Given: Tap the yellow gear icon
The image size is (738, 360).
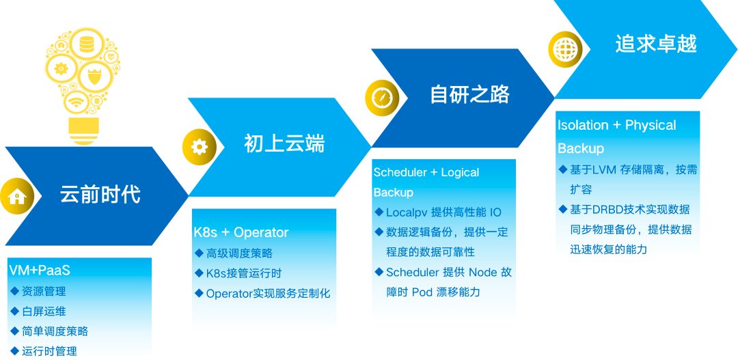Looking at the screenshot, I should tap(199, 147).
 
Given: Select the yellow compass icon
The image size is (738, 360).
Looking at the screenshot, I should tap(381, 97).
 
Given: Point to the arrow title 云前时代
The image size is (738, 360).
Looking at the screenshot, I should tap(100, 195).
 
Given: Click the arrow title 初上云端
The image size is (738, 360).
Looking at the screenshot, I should tap(284, 143).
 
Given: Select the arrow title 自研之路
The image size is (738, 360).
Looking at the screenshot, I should tap(470, 94).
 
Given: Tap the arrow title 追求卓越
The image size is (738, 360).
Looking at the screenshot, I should tap(655, 44).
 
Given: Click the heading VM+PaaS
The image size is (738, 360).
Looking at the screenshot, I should tap(40, 271).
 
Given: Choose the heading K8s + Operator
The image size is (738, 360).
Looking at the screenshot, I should tap(241, 232).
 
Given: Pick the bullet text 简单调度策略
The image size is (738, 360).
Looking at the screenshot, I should tap(55, 331).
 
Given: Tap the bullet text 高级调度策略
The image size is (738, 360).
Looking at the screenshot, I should tap(239, 253).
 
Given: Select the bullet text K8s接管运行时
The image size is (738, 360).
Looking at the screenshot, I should tap(244, 273).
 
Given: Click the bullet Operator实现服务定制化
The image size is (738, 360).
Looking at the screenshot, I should tap(268, 293).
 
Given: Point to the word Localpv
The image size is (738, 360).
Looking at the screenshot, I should tap(407, 212).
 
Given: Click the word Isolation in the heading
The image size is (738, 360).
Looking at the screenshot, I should tap(583, 125).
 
